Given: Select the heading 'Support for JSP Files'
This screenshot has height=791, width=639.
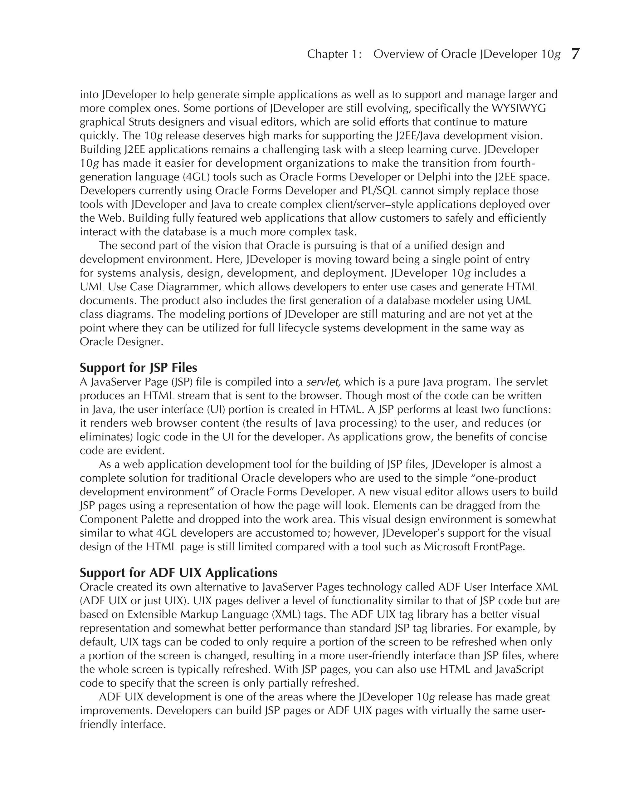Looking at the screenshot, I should click(139, 367).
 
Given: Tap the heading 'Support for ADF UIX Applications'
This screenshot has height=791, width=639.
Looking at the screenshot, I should click(178, 572).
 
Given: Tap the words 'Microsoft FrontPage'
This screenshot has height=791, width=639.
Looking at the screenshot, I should click(474, 547).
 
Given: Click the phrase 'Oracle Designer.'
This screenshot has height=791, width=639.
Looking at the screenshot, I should click(121, 342).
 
